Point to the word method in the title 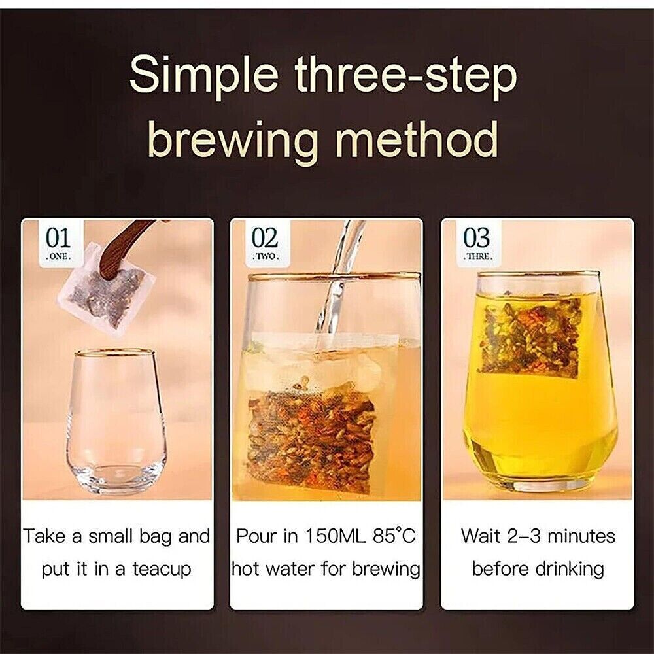[417, 138]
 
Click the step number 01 [58, 238]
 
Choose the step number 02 [265, 238]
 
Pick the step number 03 [477, 238]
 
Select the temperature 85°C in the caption [394, 536]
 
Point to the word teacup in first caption [162, 570]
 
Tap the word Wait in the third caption [480, 536]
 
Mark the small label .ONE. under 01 [58, 257]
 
